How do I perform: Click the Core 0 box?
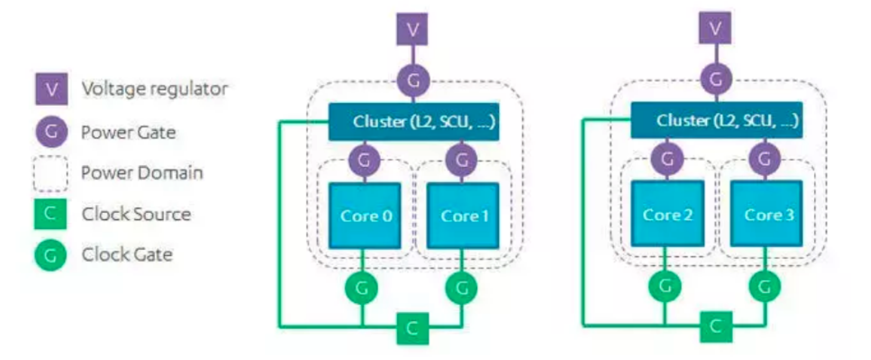tap(365, 215)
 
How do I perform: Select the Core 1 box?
tap(463, 215)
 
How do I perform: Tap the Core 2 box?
tap(667, 214)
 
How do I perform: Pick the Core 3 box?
tap(767, 214)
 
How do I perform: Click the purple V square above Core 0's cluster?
tap(412, 29)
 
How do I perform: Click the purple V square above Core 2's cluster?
tap(715, 28)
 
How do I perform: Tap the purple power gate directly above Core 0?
tap(364, 160)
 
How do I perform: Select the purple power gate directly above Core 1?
tap(461, 160)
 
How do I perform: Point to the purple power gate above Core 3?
tap(764, 159)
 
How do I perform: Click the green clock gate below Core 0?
tap(361, 288)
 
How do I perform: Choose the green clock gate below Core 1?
tap(461, 288)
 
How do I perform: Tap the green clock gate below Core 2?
tap(664, 286)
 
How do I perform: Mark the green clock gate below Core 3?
tap(764, 286)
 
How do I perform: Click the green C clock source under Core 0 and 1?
tap(412, 328)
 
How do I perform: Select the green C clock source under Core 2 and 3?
tap(715, 326)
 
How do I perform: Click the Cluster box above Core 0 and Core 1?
tap(413, 121)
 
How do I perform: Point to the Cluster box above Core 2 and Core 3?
tap(716, 120)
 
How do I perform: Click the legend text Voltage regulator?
tap(154, 89)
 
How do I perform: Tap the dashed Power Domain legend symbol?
tap(50, 173)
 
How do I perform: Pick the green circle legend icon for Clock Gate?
tap(50, 255)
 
